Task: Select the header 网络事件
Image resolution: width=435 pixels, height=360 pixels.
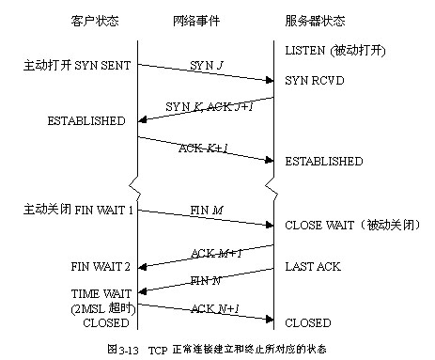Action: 198,21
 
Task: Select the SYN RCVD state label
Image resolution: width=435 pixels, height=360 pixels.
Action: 317,81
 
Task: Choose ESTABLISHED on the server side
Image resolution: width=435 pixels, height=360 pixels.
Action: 324,162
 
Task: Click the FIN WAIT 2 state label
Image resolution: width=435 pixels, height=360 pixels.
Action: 100,267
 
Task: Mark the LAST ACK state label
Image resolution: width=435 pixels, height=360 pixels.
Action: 313,267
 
